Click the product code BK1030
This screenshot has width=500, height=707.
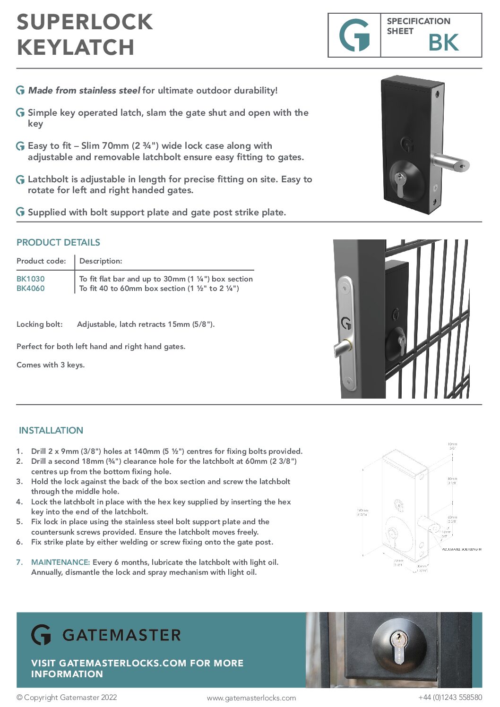click(30, 279)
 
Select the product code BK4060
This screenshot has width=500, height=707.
click(30, 289)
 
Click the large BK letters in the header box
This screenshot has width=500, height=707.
click(443, 43)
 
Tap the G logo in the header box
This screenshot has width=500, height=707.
click(354, 35)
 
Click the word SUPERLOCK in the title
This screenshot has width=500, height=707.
click(85, 22)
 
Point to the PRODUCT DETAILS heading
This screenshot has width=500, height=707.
click(58, 242)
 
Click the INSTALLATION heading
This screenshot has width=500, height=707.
click(51, 430)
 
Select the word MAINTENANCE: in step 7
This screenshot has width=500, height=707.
click(60, 562)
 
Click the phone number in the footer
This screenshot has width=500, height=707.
click(450, 697)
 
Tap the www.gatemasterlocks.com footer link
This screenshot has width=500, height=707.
click(251, 698)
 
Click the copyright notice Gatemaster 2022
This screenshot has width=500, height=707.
click(67, 697)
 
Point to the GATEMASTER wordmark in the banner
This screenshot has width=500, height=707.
click(121, 635)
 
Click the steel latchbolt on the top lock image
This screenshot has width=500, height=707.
click(449, 163)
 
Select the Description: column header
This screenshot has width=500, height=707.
click(101, 261)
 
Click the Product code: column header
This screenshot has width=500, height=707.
click(41, 261)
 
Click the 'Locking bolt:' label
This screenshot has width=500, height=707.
click(39, 324)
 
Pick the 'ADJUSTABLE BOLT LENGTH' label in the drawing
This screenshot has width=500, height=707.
click(461, 549)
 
